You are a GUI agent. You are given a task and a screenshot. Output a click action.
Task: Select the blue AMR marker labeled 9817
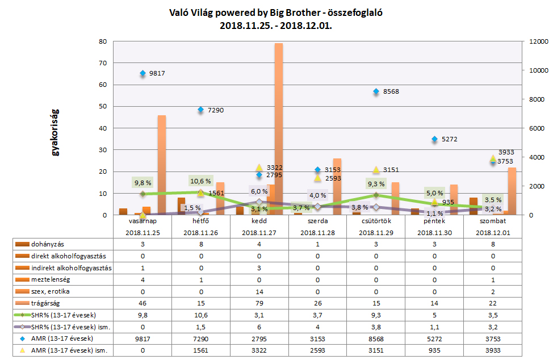pyautogui.click(x=143, y=73)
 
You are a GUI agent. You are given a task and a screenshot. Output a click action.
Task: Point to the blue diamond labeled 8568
pyautogui.click(x=376, y=91)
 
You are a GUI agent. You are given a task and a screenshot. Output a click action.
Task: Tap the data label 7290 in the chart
pyautogui.click(x=215, y=110)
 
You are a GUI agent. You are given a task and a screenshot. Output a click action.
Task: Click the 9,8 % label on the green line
pyautogui.click(x=143, y=182)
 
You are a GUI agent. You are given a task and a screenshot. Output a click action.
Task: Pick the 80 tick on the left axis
pyautogui.click(x=103, y=41)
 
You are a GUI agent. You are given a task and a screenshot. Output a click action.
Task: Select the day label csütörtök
pyautogui.click(x=375, y=221)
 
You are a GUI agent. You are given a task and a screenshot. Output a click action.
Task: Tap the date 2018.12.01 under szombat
pyautogui.click(x=492, y=233)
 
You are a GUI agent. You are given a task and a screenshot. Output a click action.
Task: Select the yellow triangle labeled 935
pyautogui.click(x=434, y=202)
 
